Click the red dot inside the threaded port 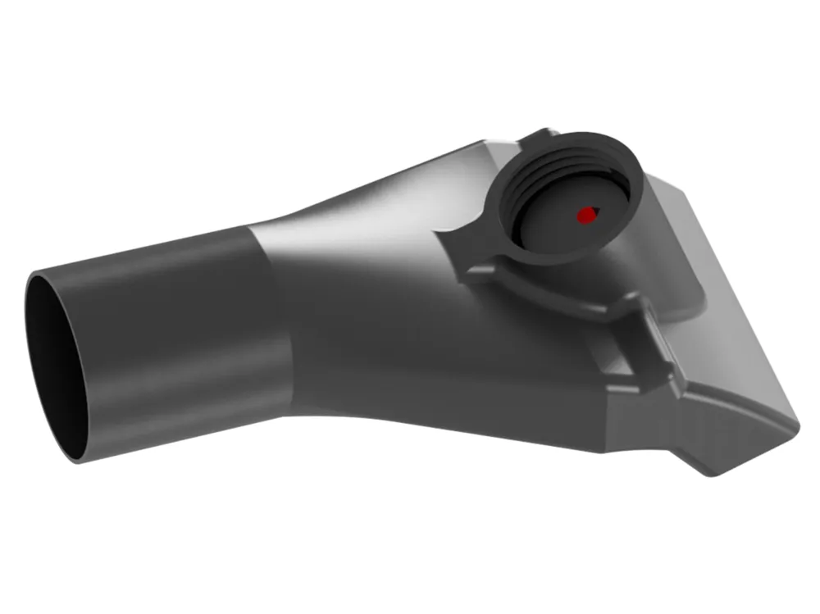click(x=585, y=216)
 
